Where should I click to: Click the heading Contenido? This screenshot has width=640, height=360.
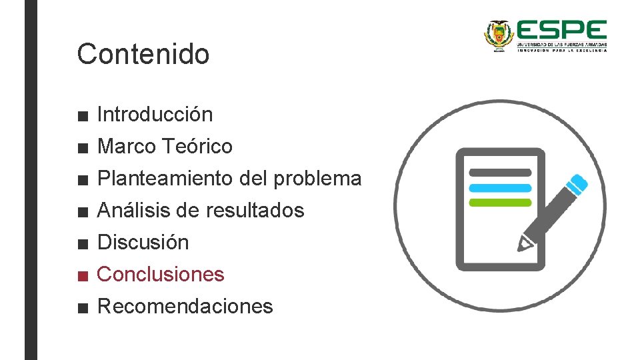click(143, 54)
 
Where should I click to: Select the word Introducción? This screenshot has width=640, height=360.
click(155, 115)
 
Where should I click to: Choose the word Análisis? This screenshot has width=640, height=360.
click(129, 211)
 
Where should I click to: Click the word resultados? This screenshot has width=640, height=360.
click(254, 211)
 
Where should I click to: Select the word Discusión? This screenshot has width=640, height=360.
click(143, 242)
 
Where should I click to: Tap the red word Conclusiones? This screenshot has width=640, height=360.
click(161, 274)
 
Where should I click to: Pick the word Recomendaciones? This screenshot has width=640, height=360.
click(185, 307)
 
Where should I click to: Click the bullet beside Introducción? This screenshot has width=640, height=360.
click(82, 116)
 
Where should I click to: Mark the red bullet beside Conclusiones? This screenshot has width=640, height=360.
click(82, 275)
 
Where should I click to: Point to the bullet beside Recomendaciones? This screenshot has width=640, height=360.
click(82, 308)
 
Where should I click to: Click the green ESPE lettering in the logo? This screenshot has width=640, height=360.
click(561, 31)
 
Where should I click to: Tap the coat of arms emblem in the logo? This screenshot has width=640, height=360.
click(497, 34)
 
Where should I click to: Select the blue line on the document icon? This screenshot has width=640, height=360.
click(500, 188)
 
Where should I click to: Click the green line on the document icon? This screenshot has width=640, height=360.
click(500, 203)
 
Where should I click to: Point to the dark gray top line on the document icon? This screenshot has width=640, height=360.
click(500, 173)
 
